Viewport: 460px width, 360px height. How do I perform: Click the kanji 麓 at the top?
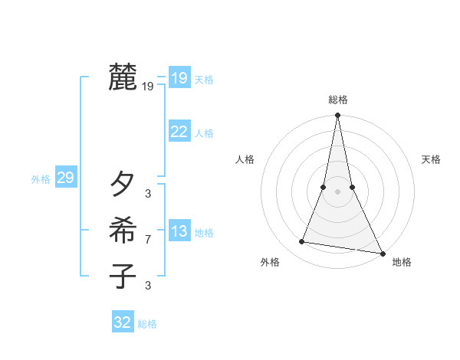pos(123,78)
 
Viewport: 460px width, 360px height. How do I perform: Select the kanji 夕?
pos(123,185)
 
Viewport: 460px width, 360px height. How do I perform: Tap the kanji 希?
pos(123,231)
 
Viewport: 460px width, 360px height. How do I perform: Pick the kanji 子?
pos(123,276)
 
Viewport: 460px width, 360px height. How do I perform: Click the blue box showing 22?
pos(179,132)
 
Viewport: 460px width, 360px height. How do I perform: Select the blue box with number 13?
pos(179,232)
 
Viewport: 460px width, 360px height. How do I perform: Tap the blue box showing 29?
pos(65,178)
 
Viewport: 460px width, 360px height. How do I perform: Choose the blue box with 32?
pos(123,322)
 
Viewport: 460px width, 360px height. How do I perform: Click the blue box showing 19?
pos(179,78)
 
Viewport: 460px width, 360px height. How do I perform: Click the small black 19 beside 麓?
pos(148,87)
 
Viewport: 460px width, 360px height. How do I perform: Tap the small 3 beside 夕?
pos(148,194)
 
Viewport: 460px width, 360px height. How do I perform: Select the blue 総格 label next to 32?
pos(147,324)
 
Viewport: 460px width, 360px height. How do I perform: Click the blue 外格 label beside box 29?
pos(41,180)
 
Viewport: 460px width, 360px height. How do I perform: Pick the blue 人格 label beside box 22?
pos(204,133)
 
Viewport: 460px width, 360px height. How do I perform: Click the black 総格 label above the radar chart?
pos(338,100)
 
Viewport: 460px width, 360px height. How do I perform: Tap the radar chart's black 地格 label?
pos(402,263)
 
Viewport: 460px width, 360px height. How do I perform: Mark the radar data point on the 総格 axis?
pos(337,116)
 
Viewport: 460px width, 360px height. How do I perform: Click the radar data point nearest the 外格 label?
pos(302,242)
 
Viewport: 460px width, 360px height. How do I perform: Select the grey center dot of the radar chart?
pos(337,191)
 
